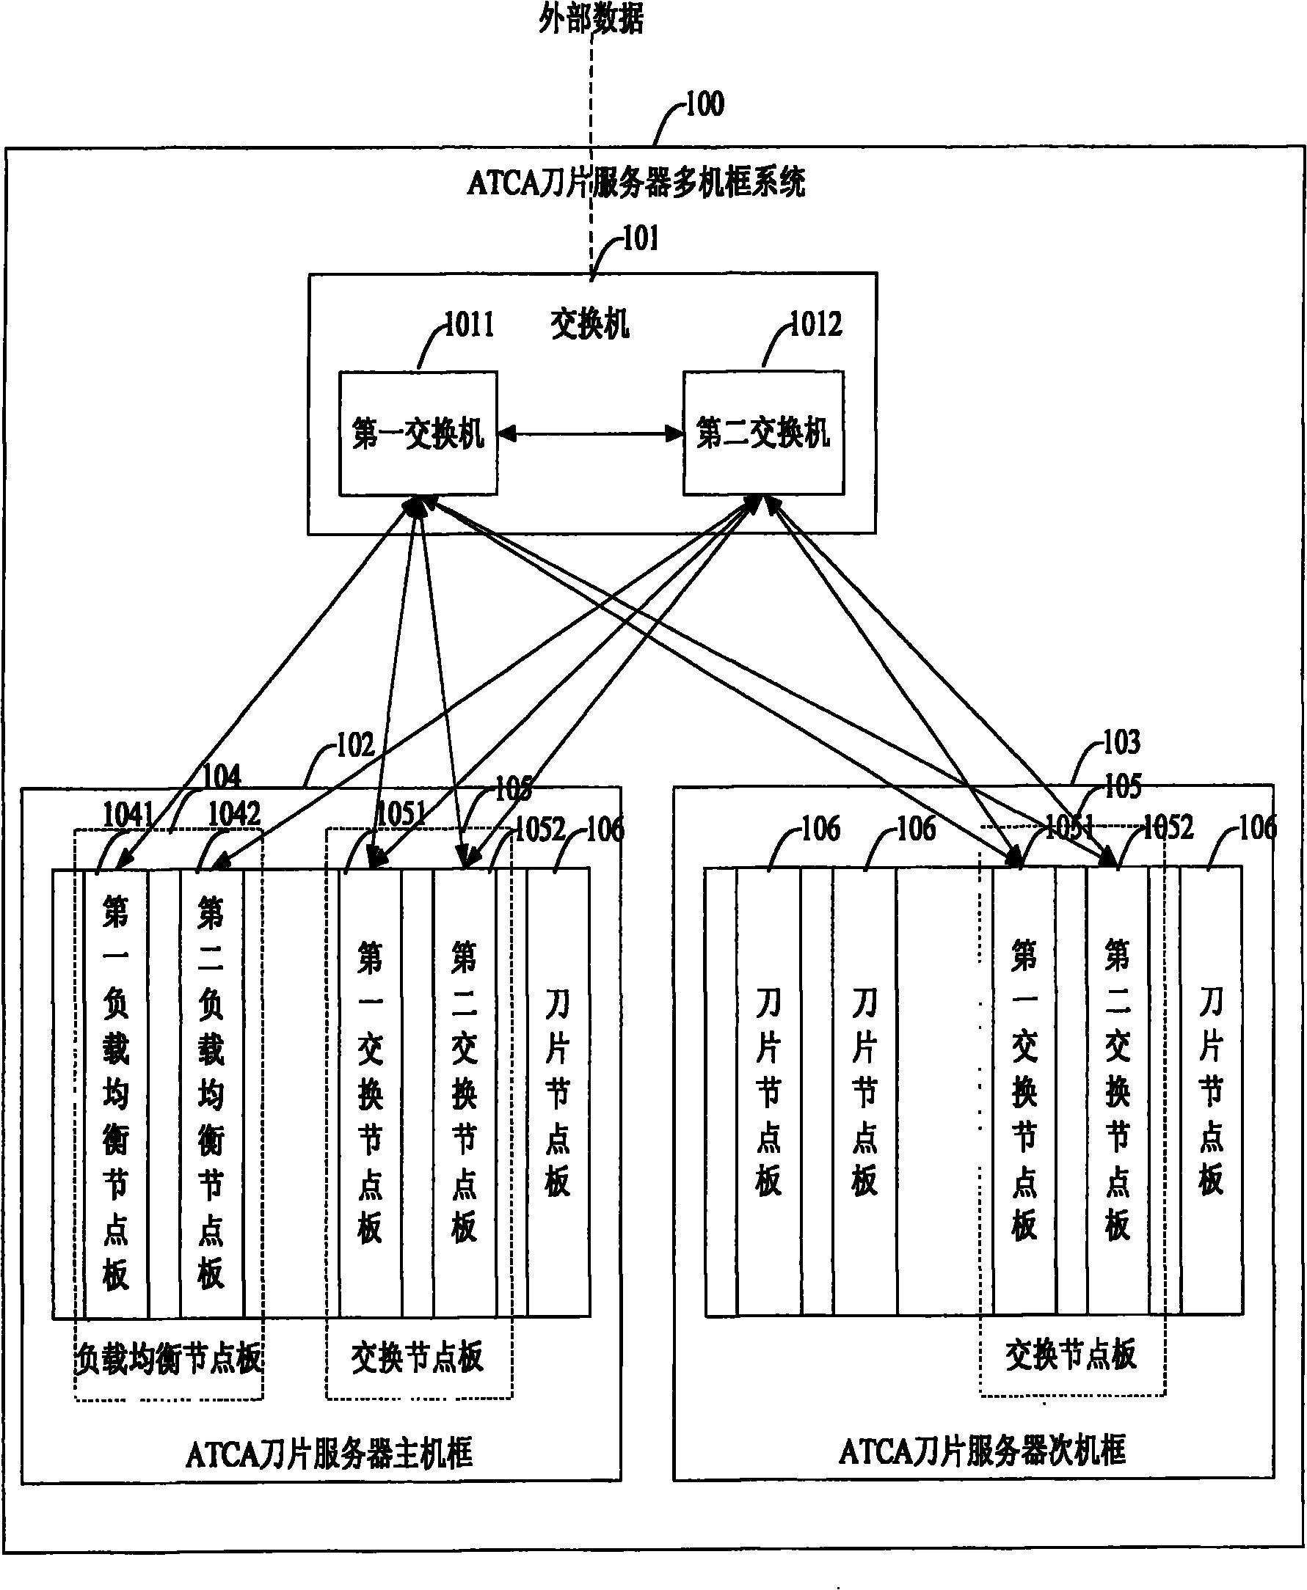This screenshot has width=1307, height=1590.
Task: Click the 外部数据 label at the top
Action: click(591, 20)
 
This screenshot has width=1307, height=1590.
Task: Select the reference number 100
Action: click(704, 104)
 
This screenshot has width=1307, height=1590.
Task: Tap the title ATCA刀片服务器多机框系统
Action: click(636, 183)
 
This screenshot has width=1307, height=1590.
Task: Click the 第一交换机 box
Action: click(418, 434)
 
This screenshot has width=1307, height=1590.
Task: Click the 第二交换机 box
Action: click(762, 434)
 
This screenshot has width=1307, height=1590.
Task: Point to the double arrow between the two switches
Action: click(590, 433)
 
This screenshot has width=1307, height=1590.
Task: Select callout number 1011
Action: click(468, 325)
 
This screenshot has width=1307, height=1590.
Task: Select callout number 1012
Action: click(815, 325)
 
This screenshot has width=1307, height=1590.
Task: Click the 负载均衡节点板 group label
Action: click(169, 1359)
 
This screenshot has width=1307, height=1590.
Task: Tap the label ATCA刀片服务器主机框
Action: click(329, 1453)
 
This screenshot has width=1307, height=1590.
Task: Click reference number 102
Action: click(354, 746)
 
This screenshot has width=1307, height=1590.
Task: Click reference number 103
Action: click(1121, 743)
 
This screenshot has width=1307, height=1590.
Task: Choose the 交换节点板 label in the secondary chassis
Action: click(1071, 1355)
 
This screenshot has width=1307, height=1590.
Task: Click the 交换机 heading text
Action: click(589, 325)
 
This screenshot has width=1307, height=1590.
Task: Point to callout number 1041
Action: click(128, 814)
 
